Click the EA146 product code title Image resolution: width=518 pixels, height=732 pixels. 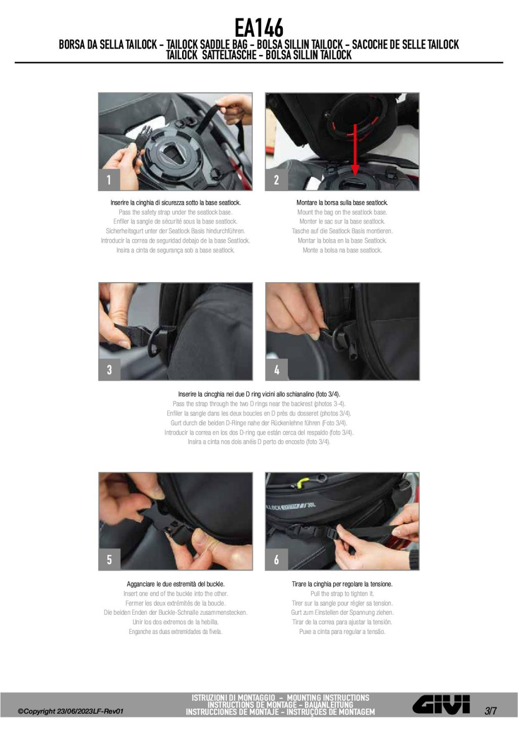tap(258, 28)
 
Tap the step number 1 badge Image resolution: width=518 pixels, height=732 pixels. tap(109, 180)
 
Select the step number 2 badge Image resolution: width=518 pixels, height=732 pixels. tap(276, 180)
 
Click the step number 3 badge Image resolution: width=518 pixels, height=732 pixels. tap(109, 370)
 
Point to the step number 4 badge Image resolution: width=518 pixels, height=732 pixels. tap(276, 370)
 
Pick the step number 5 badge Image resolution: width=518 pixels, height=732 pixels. tap(109, 560)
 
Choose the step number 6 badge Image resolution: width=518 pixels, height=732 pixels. tap(276, 560)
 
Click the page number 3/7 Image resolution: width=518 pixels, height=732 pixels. tap(491, 710)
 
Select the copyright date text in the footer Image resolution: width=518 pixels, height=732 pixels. tap(71, 711)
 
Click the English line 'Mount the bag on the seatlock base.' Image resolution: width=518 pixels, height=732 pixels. tap(342, 212)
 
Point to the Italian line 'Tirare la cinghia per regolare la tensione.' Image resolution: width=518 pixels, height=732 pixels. tap(342, 584)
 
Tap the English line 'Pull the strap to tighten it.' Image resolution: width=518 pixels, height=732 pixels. tap(342, 593)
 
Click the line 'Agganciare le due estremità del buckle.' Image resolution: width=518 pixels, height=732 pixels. tap(176, 584)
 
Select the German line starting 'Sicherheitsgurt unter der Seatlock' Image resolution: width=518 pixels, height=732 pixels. tap(176, 231)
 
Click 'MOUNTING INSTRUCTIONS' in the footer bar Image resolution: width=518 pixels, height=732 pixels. tap(328, 698)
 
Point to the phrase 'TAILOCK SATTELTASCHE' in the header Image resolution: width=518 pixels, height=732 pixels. tap(211, 55)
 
